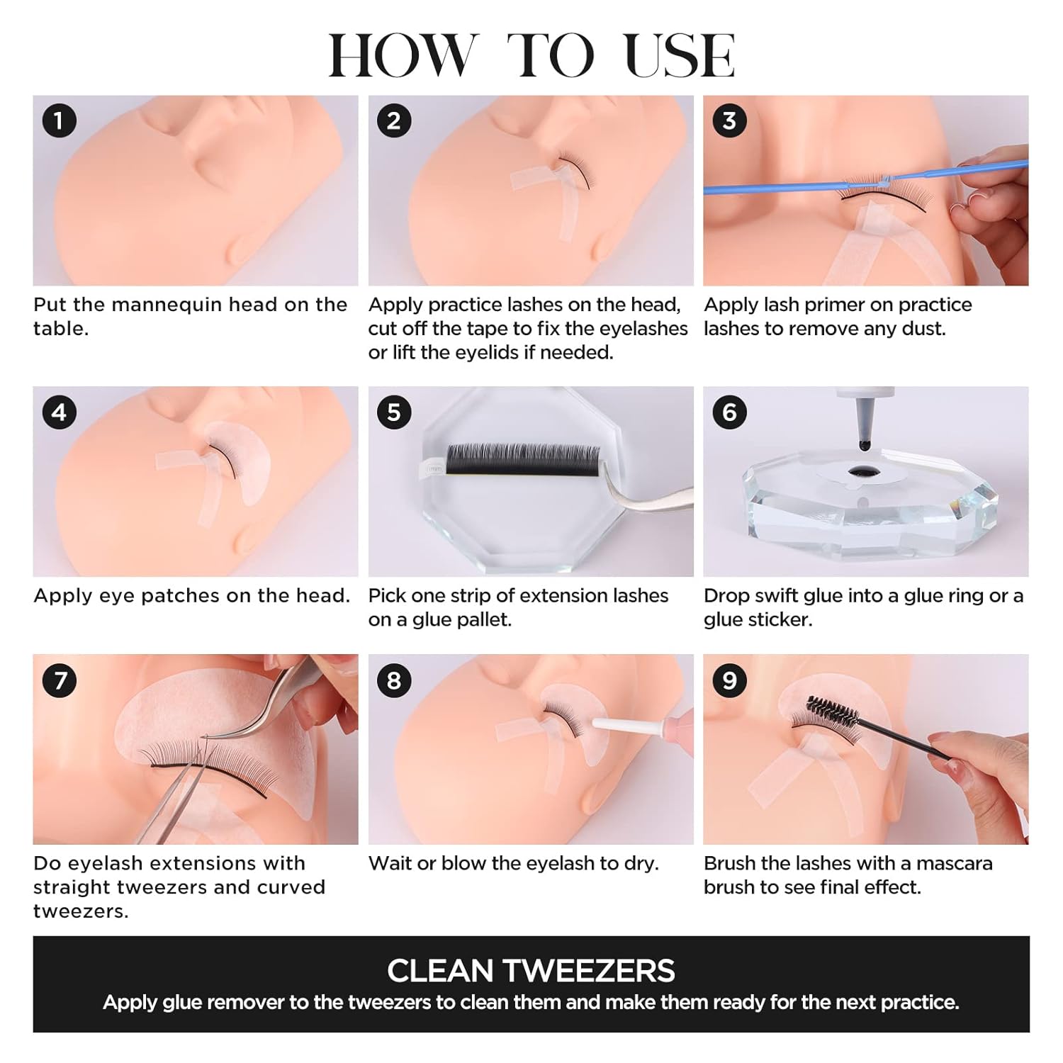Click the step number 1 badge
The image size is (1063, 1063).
[x=59, y=121]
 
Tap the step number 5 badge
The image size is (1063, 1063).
[x=394, y=412]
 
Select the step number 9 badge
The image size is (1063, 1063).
[x=729, y=680]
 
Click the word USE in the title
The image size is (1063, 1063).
[x=680, y=56]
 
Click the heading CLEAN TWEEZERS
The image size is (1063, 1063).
[x=531, y=970]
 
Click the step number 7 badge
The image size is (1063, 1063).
[x=59, y=680]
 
